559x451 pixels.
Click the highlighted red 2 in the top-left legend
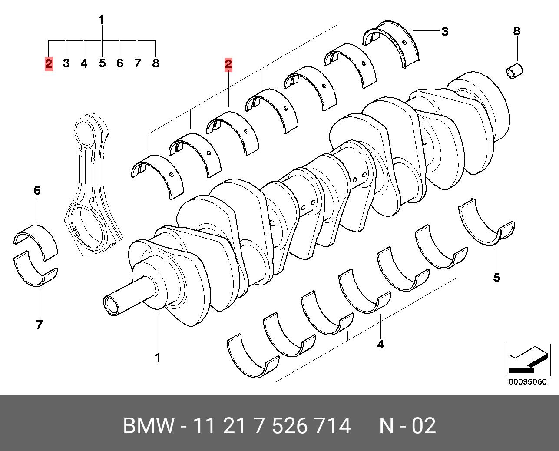point(49,64)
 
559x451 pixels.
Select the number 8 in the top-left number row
point(155,63)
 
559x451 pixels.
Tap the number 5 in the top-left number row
point(102,63)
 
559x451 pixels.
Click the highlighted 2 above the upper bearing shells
point(228,65)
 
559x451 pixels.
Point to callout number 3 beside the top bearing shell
point(444,31)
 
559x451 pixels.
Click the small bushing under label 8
point(516,71)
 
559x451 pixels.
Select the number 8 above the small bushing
point(516,31)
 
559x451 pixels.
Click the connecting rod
point(92,182)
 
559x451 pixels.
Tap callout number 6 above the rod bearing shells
point(37,190)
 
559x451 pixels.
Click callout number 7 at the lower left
point(39,325)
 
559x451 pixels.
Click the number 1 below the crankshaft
point(158,358)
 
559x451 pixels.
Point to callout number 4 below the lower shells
point(380,345)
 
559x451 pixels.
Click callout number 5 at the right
point(496,278)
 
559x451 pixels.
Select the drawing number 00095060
point(528,382)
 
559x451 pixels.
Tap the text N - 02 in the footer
point(407,426)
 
